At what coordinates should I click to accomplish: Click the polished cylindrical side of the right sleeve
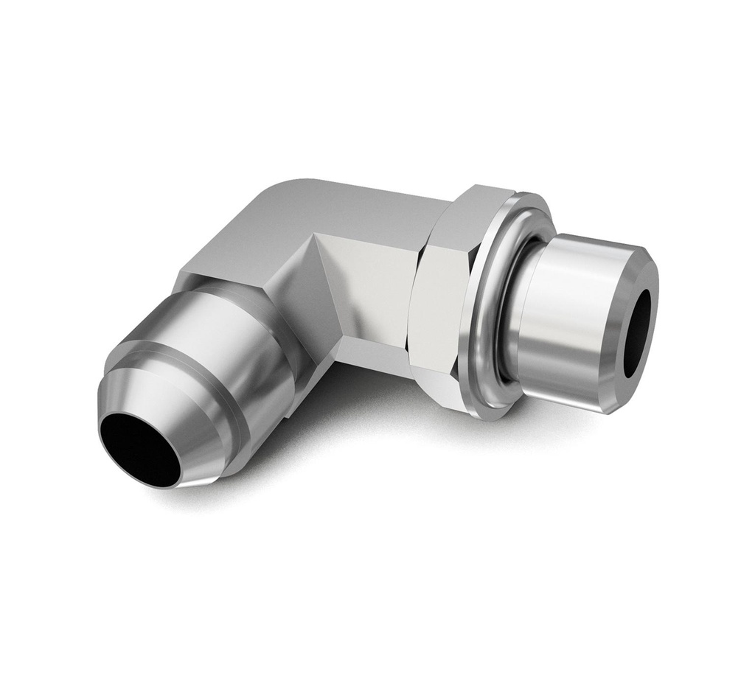[568, 317]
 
